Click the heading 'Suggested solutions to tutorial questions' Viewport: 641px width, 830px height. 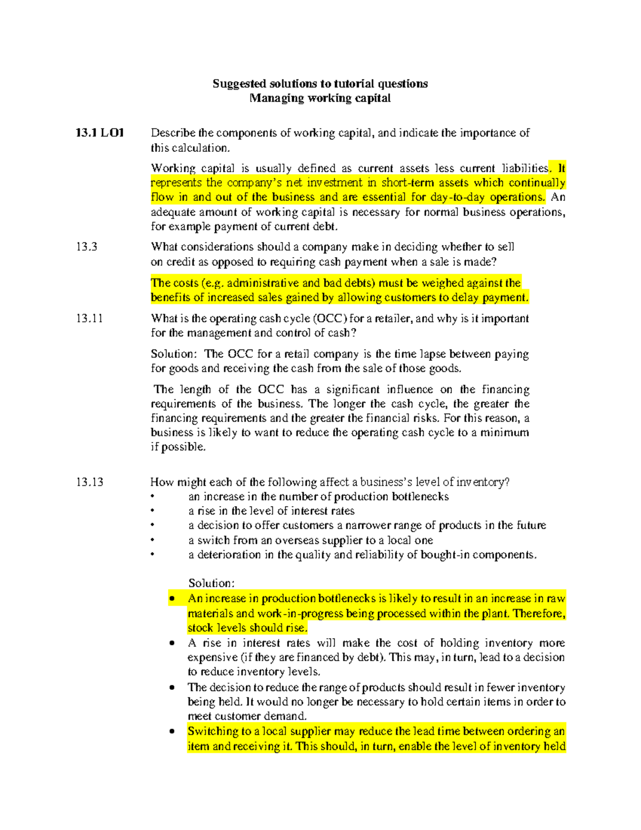[320, 83]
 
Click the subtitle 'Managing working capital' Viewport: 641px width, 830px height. [320, 98]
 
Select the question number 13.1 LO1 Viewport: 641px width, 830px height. [100, 133]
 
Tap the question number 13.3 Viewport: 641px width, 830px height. [87, 247]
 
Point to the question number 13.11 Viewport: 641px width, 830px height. [89, 319]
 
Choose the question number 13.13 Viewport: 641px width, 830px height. [89, 482]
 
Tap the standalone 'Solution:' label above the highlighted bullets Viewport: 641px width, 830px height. [212, 583]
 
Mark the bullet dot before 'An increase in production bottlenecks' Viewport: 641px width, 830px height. [172, 599]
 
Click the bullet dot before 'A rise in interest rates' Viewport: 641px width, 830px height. [172, 643]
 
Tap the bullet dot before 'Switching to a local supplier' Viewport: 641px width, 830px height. [172, 731]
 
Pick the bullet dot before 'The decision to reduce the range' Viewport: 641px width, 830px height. [172, 687]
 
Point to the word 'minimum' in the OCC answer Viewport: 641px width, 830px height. [504, 432]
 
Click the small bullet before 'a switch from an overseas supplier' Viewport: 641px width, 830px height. [153, 540]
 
